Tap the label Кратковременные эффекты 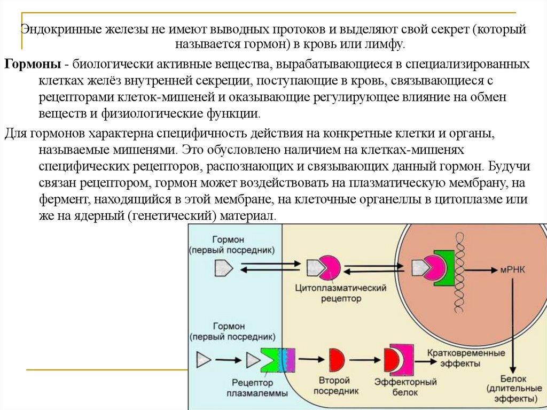(466, 358)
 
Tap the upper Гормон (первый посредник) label (232, 245)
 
